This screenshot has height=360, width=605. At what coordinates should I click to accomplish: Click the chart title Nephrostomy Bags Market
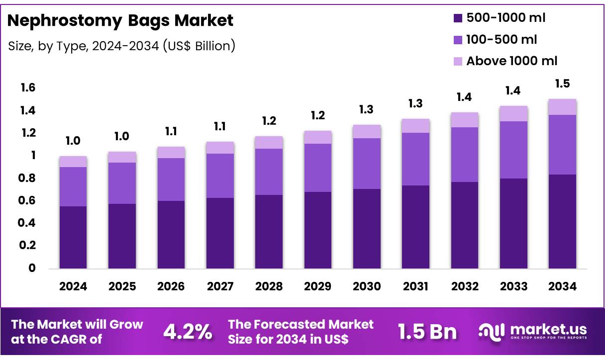[x=120, y=20]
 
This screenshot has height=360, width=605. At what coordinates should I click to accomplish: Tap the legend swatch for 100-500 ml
[x=458, y=40]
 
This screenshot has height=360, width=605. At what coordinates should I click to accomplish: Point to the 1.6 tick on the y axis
[x=28, y=88]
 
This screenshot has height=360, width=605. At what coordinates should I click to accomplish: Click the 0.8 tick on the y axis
[x=28, y=178]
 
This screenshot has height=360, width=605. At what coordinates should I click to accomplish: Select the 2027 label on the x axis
[x=220, y=286]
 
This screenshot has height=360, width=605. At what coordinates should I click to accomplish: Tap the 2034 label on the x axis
[x=562, y=286]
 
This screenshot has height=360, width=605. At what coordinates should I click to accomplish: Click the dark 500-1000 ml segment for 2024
[x=73, y=237]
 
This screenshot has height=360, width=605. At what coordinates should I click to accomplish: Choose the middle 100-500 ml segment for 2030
[x=367, y=164]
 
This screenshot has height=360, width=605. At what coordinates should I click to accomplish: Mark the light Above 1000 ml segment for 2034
[x=562, y=107]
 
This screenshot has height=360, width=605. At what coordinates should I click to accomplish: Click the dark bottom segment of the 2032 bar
[x=465, y=225]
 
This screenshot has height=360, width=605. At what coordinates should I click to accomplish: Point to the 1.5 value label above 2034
[x=562, y=84]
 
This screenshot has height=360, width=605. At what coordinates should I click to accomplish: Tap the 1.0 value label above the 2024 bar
[x=73, y=141]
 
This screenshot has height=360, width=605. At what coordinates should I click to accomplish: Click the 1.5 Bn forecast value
[x=427, y=332]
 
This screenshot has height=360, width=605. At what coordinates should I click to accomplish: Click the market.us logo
[x=532, y=331]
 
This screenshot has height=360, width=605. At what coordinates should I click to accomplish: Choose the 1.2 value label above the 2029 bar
[x=318, y=116]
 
